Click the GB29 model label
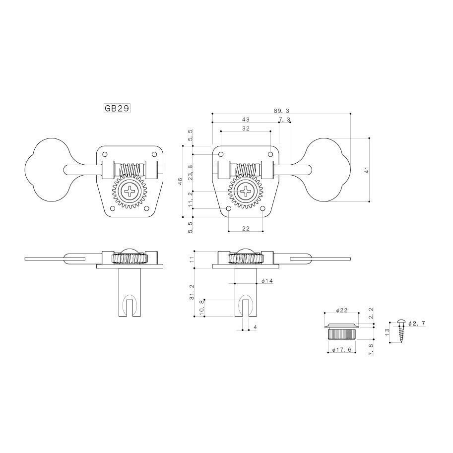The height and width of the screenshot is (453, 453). tap(117, 108)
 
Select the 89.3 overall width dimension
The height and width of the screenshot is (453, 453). tap(281, 111)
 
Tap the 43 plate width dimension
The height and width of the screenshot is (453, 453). tap(246, 119)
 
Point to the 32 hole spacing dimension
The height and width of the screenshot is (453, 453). tap(246, 129)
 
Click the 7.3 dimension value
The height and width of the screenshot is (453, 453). tap(285, 119)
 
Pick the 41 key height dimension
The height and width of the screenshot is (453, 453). tap(367, 170)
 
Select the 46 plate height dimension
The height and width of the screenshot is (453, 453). tap(180, 181)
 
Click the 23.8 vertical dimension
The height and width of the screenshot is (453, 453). tap(190, 173)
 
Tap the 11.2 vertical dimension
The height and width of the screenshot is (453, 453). tap(190, 199)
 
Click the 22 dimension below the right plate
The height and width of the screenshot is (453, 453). tap(246, 228)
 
